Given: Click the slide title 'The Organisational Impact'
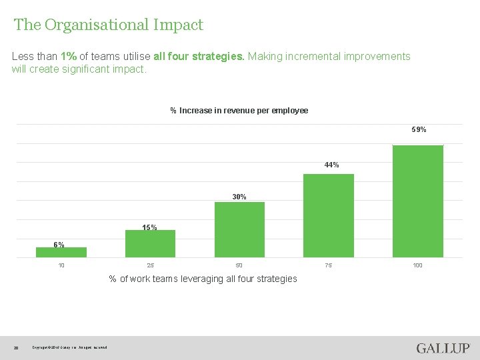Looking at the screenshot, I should [x=109, y=25].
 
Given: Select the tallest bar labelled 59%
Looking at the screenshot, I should [x=417, y=201].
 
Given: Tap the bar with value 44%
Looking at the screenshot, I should [x=329, y=215].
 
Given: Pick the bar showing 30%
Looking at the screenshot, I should [x=239, y=229].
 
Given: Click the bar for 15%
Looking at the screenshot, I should [x=151, y=243].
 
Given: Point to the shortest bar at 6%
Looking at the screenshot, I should [x=61, y=252].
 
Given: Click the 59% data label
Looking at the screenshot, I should [x=419, y=129].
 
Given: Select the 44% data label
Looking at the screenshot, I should [x=331, y=165].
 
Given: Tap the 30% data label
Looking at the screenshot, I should [x=239, y=197].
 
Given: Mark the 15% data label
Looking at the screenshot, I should [x=149, y=227].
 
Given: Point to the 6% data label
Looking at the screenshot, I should [x=59, y=245].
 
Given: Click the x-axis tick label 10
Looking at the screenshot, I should [x=61, y=265].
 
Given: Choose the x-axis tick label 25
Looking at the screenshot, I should [x=150, y=265].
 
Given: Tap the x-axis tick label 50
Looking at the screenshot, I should [x=239, y=265].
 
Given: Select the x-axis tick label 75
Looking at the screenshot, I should [x=328, y=265].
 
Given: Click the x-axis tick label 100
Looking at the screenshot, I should [x=417, y=265].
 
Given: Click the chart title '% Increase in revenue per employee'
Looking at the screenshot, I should [x=239, y=111].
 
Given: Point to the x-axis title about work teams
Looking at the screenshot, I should [x=203, y=279].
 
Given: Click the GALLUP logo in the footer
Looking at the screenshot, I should [x=443, y=348].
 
